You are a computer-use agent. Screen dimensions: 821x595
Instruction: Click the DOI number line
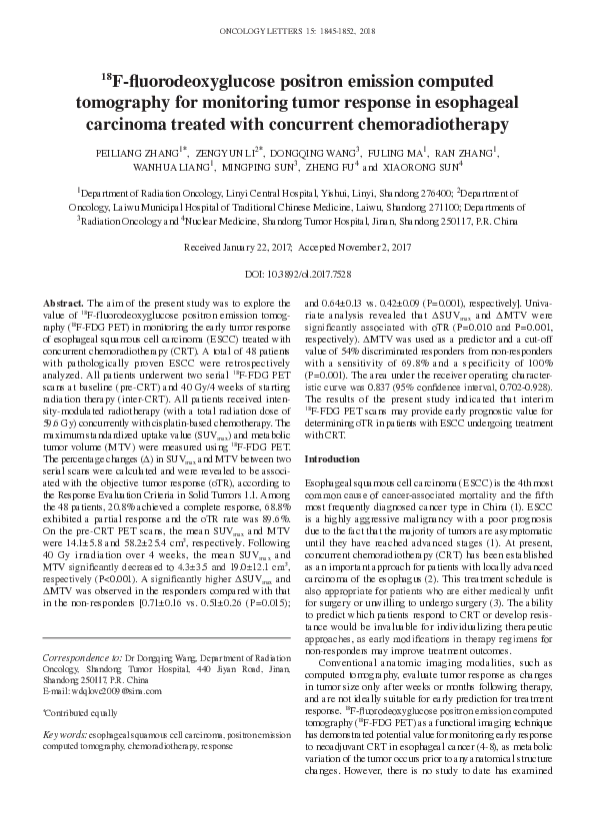297,272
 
